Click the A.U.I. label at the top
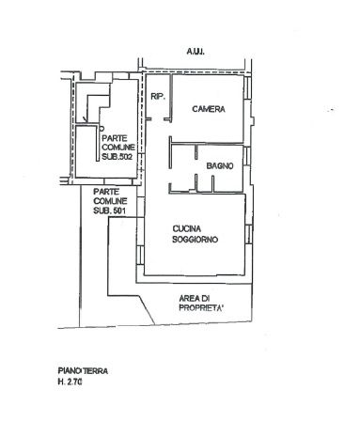196,52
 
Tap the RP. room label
158,97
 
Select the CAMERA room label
209,109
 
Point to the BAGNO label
220,165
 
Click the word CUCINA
187,229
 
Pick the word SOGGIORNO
195,240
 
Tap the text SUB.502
117,157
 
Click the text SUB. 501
109,210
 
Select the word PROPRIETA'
201,308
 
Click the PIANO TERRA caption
83,371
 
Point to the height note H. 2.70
70,382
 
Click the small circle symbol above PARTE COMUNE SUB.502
102,128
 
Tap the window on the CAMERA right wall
247,86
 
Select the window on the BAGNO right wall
247,156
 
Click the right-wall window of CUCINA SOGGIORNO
249,234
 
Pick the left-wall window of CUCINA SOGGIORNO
140,255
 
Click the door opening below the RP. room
158,119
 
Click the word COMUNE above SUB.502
118,148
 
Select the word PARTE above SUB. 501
106,192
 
